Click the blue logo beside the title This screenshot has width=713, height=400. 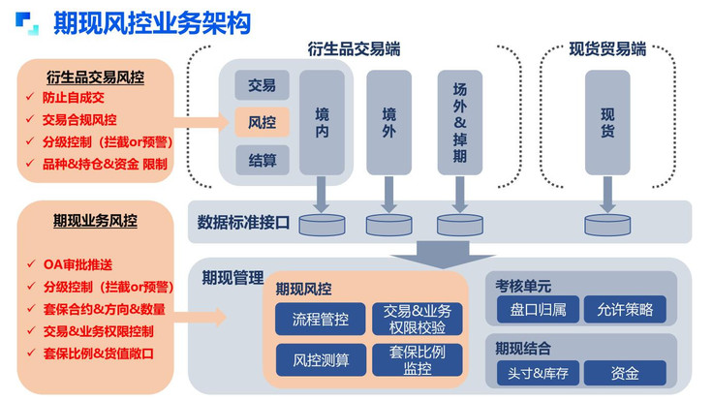tap(27, 23)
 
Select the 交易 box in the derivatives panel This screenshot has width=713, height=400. tap(262, 85)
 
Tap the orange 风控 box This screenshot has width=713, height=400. tap(262, 122)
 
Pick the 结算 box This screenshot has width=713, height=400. tap(262, 160)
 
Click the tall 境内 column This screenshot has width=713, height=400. tap(322, 122)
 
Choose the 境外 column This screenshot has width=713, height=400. tap(388, 122)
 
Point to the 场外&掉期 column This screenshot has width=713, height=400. tap(460, 122)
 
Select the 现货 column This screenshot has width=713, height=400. tap(607, 122)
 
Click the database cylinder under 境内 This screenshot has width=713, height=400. tap(322, 225)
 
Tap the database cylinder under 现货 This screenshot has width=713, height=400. tap(607, 225)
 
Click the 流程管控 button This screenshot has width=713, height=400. tap(320, 319)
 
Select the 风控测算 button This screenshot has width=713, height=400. tap(321, 360)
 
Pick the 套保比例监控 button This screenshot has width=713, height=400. tap(418, 360)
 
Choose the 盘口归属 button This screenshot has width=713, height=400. tap(538, 310)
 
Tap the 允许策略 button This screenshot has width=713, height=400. tap(625, 310)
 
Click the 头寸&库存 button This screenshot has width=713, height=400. tap(538, 373)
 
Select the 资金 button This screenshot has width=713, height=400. tap(625, 373)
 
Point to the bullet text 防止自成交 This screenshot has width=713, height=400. tap(74, 97)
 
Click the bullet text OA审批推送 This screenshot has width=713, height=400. tap(77, 264)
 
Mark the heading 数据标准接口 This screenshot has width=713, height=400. tap(243, 222)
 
